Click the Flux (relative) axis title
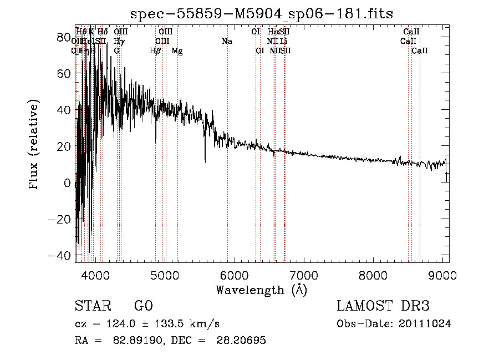pos(34,144)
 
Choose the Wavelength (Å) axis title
pos(261,290)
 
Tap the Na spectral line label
pos(227,41)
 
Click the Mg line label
pos(177,51)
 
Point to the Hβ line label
pos(156,51)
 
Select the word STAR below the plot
pos(92,307)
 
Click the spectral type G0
pos(144,307)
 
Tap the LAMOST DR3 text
pos(383,307)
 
